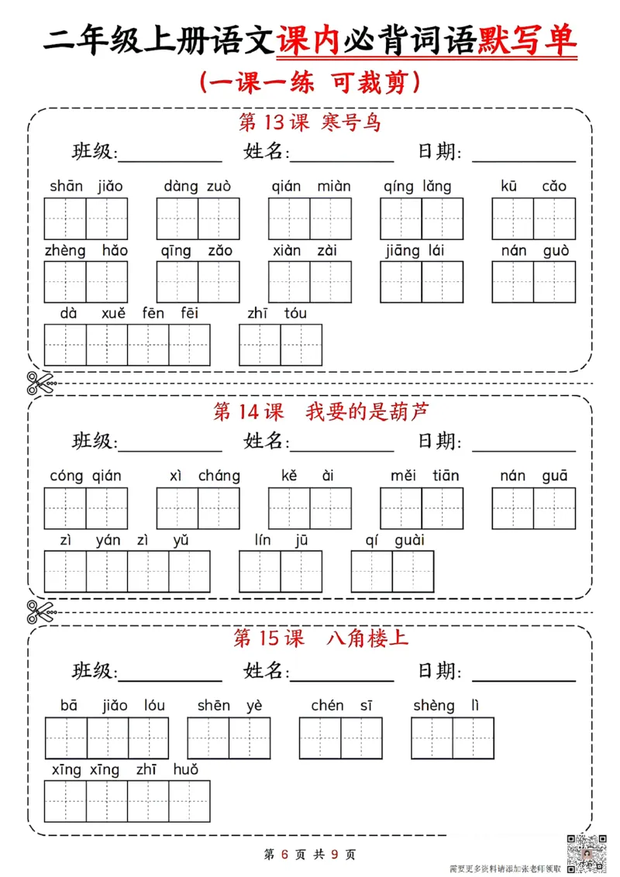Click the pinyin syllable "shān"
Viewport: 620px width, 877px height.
tap(66, 186)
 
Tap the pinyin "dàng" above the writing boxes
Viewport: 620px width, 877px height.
tap(181, 187)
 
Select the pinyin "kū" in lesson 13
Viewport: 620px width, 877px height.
tap(509, 186)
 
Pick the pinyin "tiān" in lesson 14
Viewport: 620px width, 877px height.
tap(446, 476)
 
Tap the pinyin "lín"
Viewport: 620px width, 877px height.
tap(263, 540)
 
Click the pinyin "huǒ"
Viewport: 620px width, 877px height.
tap(186, 769)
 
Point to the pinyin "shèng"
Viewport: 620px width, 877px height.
tap(434, 705)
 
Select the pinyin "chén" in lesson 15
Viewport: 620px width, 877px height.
tap(327, 705)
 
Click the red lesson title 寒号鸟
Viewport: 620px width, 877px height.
tap(351, 122)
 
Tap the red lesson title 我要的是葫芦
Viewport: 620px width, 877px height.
tap(367, 411)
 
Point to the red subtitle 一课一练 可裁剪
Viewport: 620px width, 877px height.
tap(310, 82)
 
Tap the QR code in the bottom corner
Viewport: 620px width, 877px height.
tap(588, 851)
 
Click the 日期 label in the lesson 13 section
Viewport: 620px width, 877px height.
tap(439, 151)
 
